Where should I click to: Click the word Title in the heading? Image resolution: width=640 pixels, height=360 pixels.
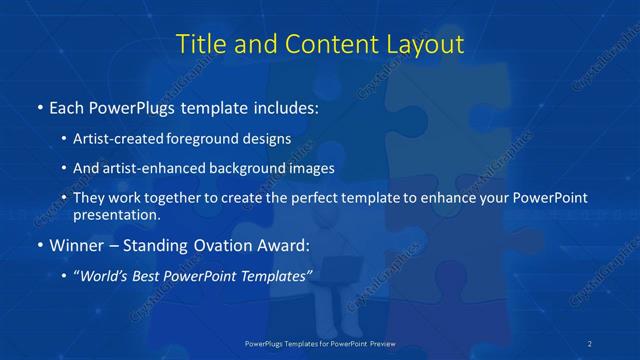tap(203, 44)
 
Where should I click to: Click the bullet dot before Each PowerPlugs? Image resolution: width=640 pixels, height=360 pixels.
tap(39, 107)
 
